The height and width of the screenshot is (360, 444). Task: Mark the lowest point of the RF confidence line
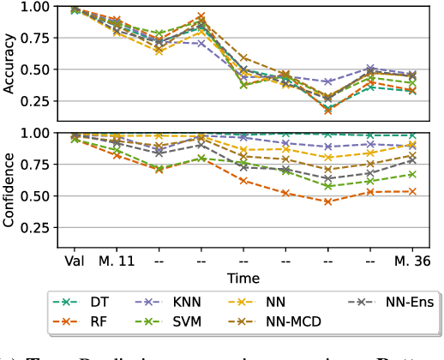327,201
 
